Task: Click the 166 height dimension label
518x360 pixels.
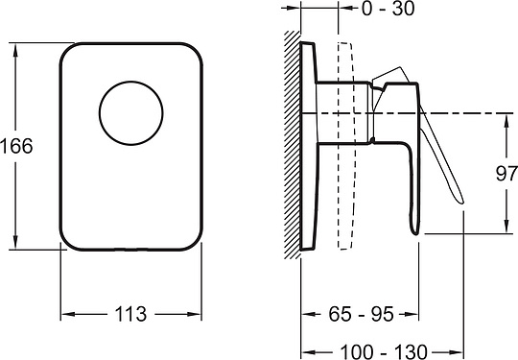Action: point(16,146)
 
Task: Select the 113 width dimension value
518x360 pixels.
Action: point(130,314)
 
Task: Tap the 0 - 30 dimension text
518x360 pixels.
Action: point(388,9)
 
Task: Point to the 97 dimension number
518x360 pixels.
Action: point(506,174)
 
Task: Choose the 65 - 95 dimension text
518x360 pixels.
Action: point(361,314)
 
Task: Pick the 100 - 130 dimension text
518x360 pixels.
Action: point(384,351)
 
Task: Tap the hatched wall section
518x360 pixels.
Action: point(293,145)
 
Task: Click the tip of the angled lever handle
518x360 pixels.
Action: point(461,202)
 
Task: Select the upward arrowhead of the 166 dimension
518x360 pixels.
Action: point(15,50)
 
